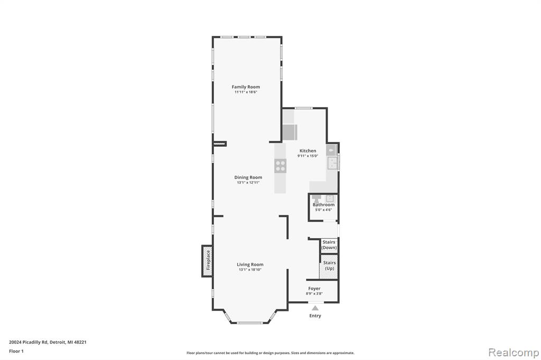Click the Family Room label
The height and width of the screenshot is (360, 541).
246,87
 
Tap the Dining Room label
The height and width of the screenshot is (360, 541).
248,177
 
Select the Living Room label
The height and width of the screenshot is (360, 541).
250,264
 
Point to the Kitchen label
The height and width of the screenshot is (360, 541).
308,150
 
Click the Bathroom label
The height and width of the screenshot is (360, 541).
324,204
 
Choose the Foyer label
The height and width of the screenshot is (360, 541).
314,288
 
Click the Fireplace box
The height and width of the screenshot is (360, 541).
207,261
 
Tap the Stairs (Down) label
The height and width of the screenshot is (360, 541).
329,245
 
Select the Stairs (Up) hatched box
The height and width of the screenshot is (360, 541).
329,267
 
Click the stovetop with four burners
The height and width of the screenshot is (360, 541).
280,166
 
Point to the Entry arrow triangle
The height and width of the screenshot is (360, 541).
315,308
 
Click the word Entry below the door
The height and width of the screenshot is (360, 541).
315,316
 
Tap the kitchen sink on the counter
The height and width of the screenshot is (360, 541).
332,163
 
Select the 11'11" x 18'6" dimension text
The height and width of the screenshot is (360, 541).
246,92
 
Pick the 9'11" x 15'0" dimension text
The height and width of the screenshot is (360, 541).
308,156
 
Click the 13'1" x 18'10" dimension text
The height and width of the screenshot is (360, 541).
250,270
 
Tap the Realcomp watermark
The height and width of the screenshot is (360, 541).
514,353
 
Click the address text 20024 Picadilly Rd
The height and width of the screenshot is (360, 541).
29,342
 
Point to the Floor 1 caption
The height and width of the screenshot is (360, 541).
16,351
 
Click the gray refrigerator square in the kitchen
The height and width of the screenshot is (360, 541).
290,132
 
